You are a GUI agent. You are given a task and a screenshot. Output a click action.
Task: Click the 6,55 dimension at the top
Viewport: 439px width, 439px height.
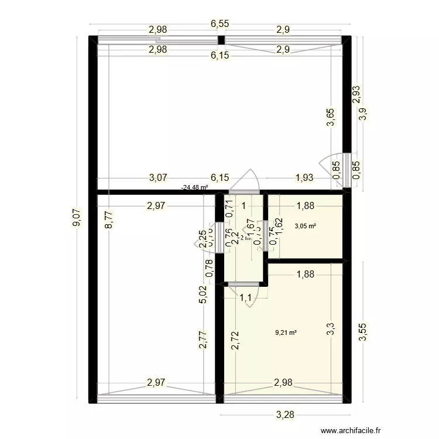(x=220, y=24)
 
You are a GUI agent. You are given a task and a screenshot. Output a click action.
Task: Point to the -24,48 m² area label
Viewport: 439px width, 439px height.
(x=196, y=188)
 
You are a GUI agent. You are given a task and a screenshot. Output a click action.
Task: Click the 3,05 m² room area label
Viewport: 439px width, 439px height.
(x=305, y=225)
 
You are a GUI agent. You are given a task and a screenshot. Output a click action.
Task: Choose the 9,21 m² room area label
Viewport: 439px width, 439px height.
(x=286, y=333)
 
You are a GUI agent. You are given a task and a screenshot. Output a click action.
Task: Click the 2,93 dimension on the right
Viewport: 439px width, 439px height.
(x=356, y=95)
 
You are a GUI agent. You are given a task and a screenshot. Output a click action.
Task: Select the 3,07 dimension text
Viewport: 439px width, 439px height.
(x=158, y=177)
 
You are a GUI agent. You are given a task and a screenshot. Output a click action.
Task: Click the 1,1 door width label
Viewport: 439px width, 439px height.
(x=245, y=298)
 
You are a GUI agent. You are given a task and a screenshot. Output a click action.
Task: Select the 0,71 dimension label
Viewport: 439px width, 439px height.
(x=229, y=209)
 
